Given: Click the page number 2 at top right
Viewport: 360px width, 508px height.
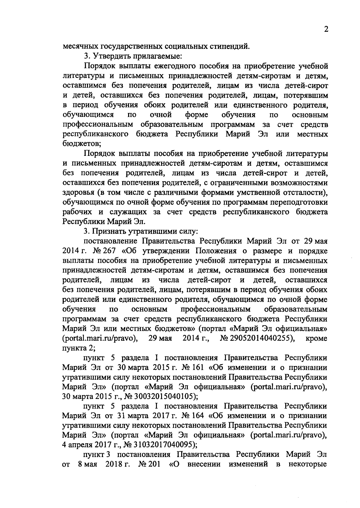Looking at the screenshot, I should [x=326, y=29].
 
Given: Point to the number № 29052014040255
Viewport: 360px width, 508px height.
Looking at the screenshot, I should [x=258, y=338].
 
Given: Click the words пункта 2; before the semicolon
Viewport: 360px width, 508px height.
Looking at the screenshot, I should [x=74, y=348].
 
